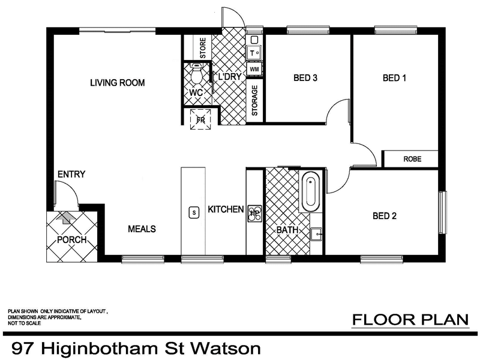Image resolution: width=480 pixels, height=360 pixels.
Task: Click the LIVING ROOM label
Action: click(x=118, y=83)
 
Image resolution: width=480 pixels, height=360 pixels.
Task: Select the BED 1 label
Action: click(x=395, y=77)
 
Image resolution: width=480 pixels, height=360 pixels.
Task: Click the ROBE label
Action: click(x=412, y=160)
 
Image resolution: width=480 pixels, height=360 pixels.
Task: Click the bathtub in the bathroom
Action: click(x=311, y=191)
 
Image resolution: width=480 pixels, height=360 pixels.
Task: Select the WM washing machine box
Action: click(x=254, y=69)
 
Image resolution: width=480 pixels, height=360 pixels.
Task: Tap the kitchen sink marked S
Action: click(x=193, y=212)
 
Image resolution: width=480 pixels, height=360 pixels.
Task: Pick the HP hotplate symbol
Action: click(x=254, y=213)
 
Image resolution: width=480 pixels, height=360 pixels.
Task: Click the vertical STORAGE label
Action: click(x=254, y=100)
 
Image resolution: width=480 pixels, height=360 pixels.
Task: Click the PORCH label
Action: click(x=72, y=241)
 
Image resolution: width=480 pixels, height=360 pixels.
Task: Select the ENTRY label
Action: click(x=71, y=175)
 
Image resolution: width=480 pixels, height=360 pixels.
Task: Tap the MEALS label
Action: click(x=142, y=229)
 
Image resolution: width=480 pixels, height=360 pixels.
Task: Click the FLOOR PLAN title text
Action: click(x=410, y=320)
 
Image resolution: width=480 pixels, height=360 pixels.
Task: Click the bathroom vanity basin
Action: click(x=316, y=233)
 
